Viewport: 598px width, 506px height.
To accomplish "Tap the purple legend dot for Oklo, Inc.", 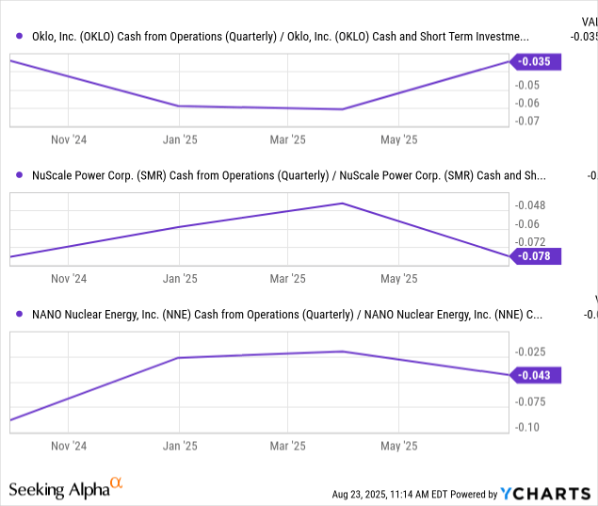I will [20, 37].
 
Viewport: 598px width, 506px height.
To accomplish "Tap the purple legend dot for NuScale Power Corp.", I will [20, 175].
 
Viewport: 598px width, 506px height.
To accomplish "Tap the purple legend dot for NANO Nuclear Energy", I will [20, 314].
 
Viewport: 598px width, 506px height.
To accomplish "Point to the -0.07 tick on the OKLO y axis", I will [526, 121].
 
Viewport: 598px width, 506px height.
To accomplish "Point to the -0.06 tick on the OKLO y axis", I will [526, 103].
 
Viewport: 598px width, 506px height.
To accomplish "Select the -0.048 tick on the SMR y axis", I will [529, 205].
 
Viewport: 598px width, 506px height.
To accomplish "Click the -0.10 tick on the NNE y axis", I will [526, 427].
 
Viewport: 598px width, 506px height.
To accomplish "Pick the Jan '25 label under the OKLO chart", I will [179, 139].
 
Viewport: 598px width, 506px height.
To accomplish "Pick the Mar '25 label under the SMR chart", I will [288, 279].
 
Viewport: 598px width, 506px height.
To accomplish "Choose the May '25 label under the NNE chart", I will [398, 446].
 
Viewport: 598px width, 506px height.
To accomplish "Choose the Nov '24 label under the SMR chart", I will [68, 279].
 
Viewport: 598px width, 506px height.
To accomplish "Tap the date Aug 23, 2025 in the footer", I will [368, 494].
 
